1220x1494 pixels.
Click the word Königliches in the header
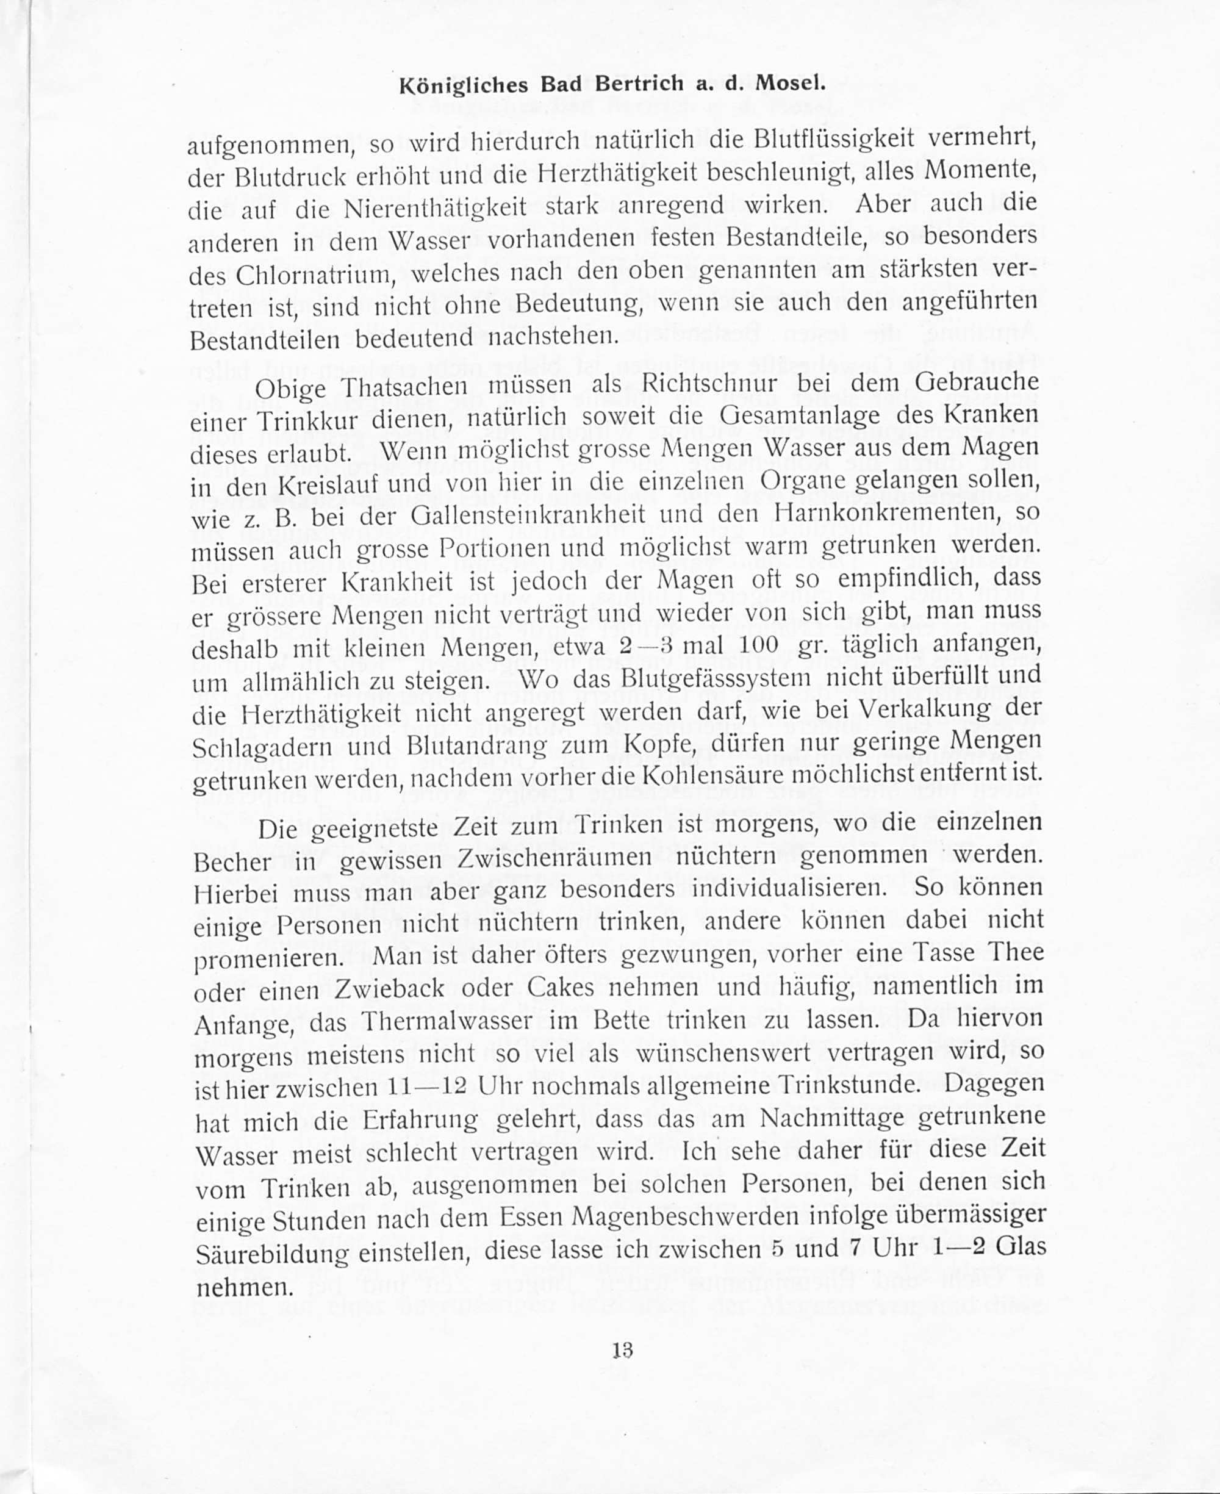(464, 85)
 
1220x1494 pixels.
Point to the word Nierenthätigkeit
(436, 208)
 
